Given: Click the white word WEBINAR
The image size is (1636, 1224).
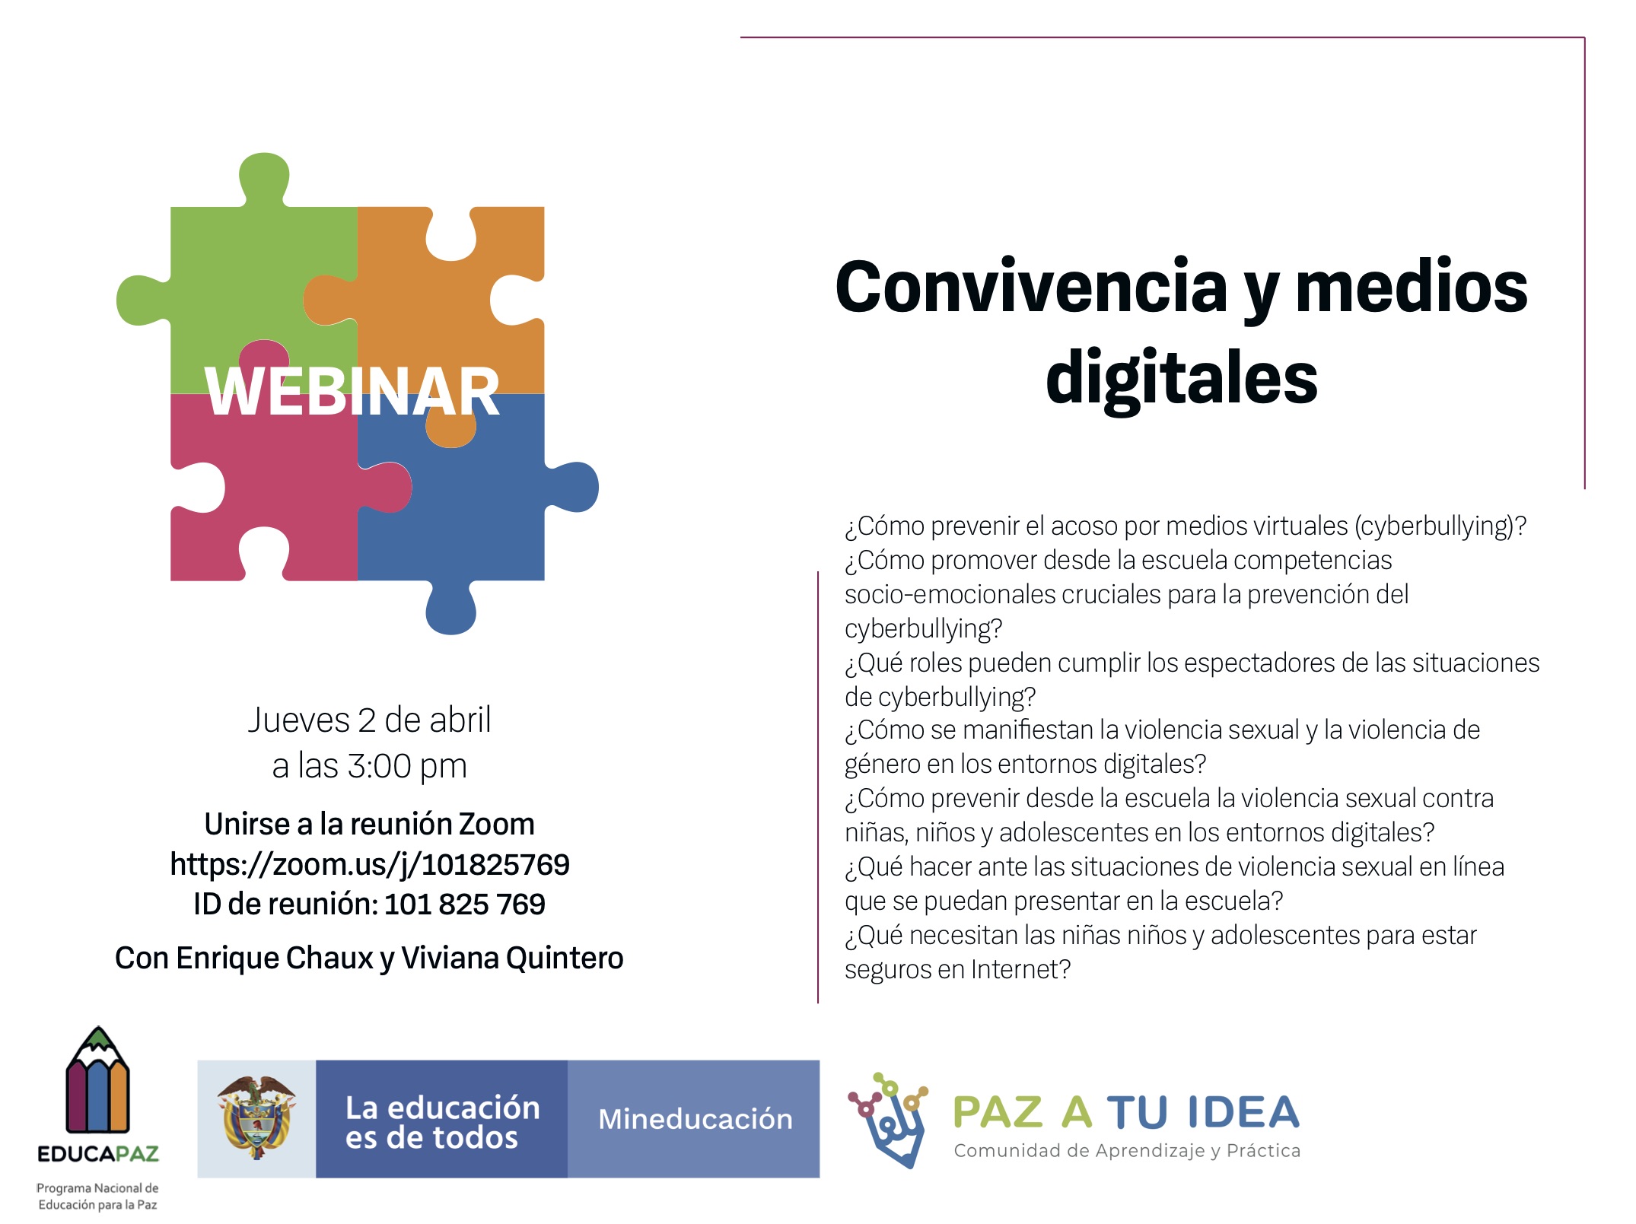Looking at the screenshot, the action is (352, 392).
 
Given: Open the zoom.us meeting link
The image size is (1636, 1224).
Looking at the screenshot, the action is (370, 865).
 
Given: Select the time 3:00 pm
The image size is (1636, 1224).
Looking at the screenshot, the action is (407, 766).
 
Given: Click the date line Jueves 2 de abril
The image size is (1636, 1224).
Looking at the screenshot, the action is (370, 720).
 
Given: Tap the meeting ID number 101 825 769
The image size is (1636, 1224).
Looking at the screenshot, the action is (465, 904).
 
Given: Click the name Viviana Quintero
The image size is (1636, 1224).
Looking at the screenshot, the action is (512, 959).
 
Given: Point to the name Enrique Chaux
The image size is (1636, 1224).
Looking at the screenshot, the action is (275, 959).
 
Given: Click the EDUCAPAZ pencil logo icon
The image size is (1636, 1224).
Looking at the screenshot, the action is (98, 1079).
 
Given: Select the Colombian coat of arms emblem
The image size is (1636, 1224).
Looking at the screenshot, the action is (256, 1117).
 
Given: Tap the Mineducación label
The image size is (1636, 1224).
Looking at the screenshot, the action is (695, 1119).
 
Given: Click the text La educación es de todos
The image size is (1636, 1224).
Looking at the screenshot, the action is (443, 1123).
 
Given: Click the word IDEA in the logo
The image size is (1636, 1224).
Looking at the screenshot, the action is (1242, 1113).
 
